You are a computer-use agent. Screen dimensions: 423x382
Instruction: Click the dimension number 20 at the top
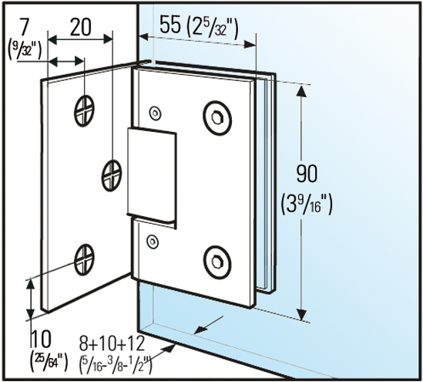(81, 27)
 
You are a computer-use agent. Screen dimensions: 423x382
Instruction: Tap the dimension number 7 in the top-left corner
(24, 27)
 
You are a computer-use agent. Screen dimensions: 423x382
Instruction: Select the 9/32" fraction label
(25, 49)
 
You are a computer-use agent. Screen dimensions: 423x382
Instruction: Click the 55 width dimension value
(170, 25)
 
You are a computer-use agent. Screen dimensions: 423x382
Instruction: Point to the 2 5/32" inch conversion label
(213, 26)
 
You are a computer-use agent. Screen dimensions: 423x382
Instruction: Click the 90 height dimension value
(307, 174)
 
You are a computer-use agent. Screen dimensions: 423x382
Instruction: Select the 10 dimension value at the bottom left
(41, 340)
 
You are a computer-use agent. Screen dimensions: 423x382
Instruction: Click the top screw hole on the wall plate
(84, 111)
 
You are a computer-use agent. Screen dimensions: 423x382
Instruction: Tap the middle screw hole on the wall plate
(112, 176)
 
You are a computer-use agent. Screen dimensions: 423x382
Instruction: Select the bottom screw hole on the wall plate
(84, 260)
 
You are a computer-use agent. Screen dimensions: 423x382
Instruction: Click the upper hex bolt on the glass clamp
(217, 117)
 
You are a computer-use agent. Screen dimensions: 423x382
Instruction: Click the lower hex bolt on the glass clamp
(217, 262)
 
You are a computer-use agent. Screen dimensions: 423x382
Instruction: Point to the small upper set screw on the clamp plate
(156, 112)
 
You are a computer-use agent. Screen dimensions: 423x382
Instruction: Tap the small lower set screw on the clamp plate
(153, 241)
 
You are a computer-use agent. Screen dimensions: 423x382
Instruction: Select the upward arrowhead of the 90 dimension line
(302, 91)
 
